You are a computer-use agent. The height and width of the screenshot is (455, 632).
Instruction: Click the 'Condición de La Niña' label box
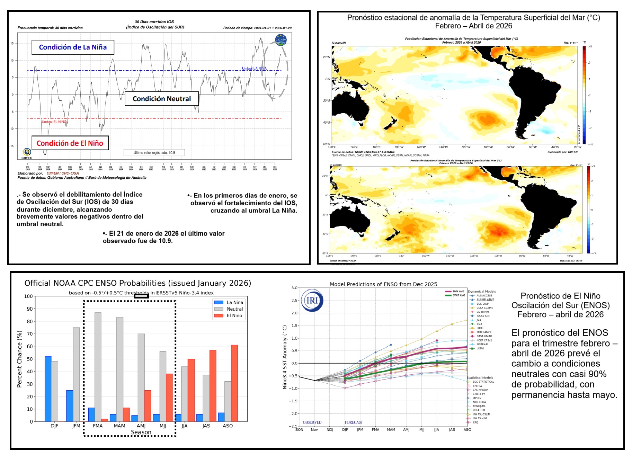[x=73, y=47]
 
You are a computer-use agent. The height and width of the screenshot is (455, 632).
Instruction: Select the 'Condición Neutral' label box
[x=162, y=99]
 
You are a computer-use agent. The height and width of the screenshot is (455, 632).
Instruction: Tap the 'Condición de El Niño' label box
[x=70, y=143]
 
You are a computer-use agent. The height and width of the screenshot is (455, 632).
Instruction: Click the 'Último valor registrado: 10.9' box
[x=154, y=153]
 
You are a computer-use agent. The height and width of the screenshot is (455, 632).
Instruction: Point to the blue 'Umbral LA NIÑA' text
[x=254, y=68]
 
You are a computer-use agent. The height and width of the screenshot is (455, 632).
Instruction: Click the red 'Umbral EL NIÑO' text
[x=54, y=122]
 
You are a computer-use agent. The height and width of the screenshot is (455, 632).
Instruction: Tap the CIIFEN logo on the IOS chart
[x=27, y=153]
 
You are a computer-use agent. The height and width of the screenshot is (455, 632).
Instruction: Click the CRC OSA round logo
[x=281, y=40]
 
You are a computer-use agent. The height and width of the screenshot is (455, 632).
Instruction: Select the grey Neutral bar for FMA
[x=98, y=367]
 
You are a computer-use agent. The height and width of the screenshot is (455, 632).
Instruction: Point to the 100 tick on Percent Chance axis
[x=28, y=296]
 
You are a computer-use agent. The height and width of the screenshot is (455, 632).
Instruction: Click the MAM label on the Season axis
[x=119, y=426]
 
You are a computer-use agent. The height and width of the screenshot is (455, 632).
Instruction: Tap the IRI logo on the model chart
[x=312, y=300]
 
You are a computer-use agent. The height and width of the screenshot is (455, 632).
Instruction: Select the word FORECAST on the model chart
[x=354, y=422]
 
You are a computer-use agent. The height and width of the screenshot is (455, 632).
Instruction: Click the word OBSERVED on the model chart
[x=312, y=422]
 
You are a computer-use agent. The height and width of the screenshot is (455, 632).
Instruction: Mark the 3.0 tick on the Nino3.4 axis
[x=294, y=288]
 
